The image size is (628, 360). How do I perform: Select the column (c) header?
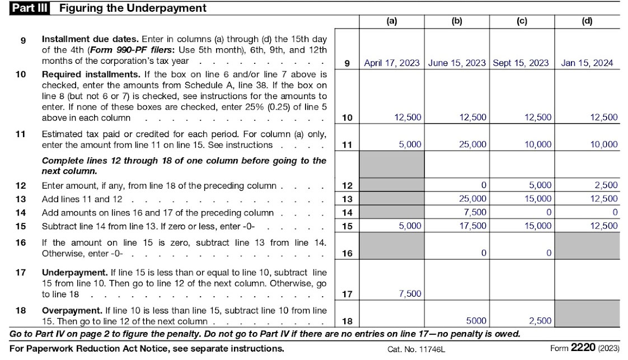[522, 21]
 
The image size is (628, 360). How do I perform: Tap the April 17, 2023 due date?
[391, 63]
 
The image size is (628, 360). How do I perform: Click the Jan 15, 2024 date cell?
[587, 63]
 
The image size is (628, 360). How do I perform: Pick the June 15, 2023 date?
[457, 63]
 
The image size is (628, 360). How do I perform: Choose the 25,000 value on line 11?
[472, 144]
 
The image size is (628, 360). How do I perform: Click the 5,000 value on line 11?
[410, 144]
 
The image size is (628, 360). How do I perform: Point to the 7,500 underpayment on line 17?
[410, 294]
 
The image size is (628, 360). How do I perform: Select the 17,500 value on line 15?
[472, 226]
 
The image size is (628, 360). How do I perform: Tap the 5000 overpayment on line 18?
[476, 321]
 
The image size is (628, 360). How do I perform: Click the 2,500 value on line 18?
[540, 321]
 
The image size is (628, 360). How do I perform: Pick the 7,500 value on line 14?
[475, 212]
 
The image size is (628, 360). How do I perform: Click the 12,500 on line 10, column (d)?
[603, 118]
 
